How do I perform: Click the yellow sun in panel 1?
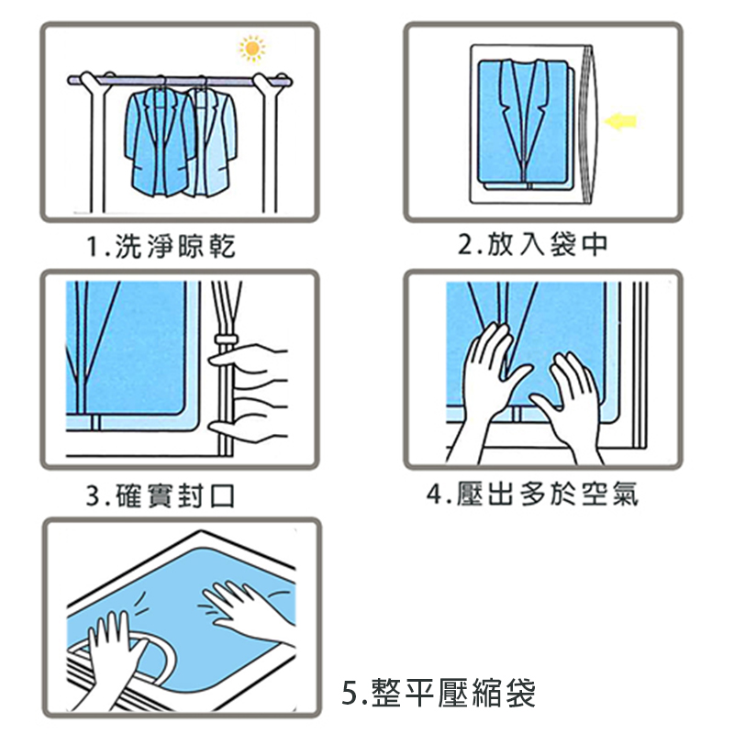[x=250, y=48]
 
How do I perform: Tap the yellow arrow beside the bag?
[x=622, y=120]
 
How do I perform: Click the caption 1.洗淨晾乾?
[x=160, y=246]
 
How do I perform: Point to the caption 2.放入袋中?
[x=533, y=244]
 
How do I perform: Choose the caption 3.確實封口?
[x=160, y=496]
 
